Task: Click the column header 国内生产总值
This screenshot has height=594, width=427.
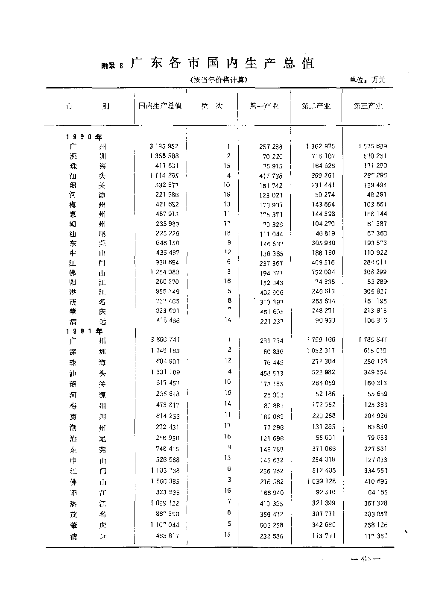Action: click(160, 106)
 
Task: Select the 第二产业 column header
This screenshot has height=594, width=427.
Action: click(316, 106)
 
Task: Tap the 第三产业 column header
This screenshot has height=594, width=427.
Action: click(368, 106)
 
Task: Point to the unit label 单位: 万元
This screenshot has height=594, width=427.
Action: click(367, 79)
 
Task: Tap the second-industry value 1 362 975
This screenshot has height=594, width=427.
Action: click(320, 146)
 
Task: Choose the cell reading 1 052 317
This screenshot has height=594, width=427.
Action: click(320, 350)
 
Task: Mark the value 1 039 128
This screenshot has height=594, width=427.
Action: click(320, 481)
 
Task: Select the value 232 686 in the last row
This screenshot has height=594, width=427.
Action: click(272, 536)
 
